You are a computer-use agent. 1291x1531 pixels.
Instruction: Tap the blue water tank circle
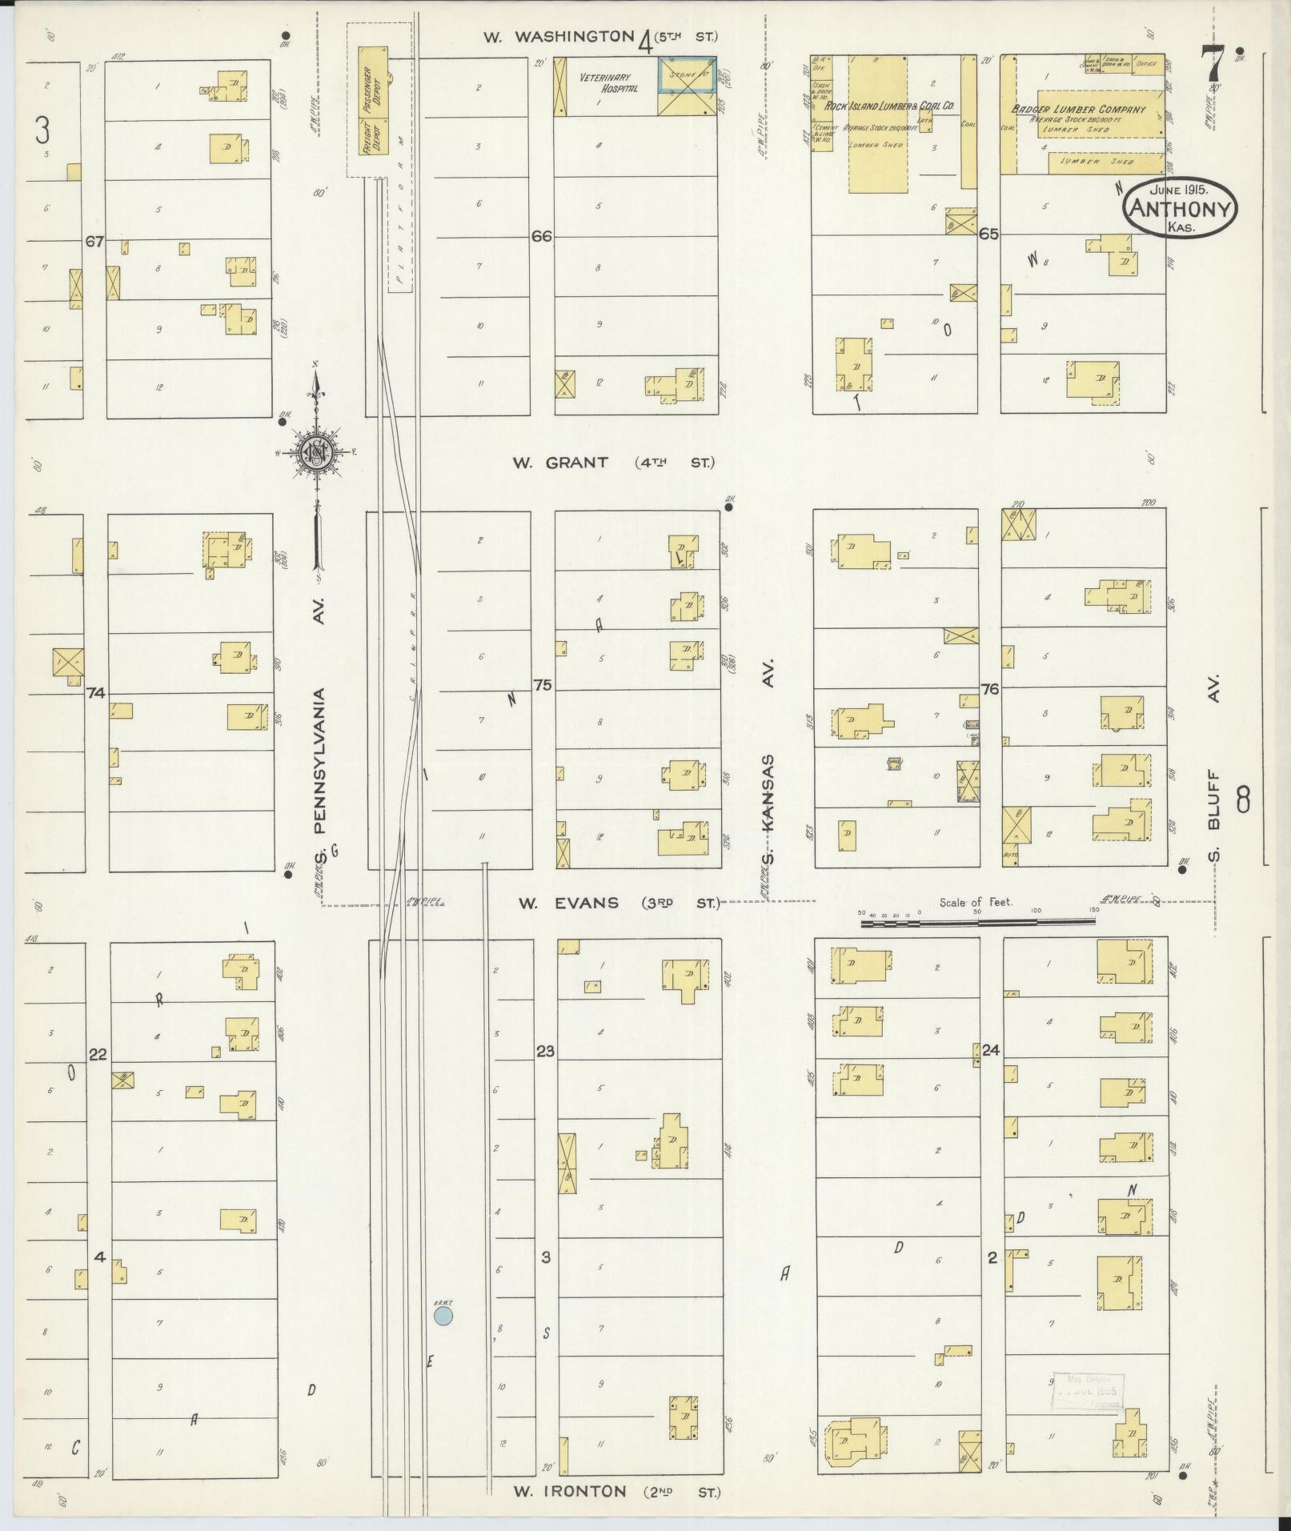[443, 1316]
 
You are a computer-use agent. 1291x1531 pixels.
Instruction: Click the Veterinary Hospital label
[610, 83]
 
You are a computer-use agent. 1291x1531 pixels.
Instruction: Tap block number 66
[542, 236]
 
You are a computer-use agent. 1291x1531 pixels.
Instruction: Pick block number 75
[543, 685]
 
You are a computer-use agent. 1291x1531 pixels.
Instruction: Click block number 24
[991, 1050]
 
